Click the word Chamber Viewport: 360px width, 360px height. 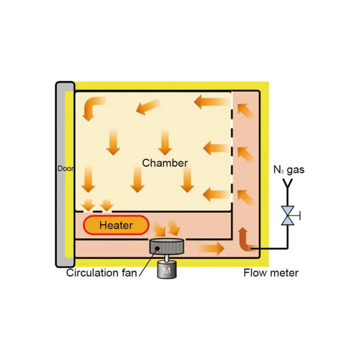click(x=165, y=163)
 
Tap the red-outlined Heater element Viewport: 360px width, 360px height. click(x=116, y=225)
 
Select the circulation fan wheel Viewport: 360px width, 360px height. click(x=167, y=246)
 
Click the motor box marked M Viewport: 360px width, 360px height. click(x=167, y=271)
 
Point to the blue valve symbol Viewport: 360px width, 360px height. click(x=288, y=215)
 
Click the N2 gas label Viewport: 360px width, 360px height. click(x=289, y=170)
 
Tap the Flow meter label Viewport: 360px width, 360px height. click(x=271, y=273)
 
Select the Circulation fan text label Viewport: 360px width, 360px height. click(x=101, y=273)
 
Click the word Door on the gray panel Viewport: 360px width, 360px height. click(x=66, y=169)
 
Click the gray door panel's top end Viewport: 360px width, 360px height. click(x=65, y=86)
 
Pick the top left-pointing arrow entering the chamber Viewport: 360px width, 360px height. click(x=211, y=102)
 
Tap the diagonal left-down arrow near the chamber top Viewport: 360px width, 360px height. click(x=148, y=106)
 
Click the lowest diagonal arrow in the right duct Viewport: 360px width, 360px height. click(x=246, y=197)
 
